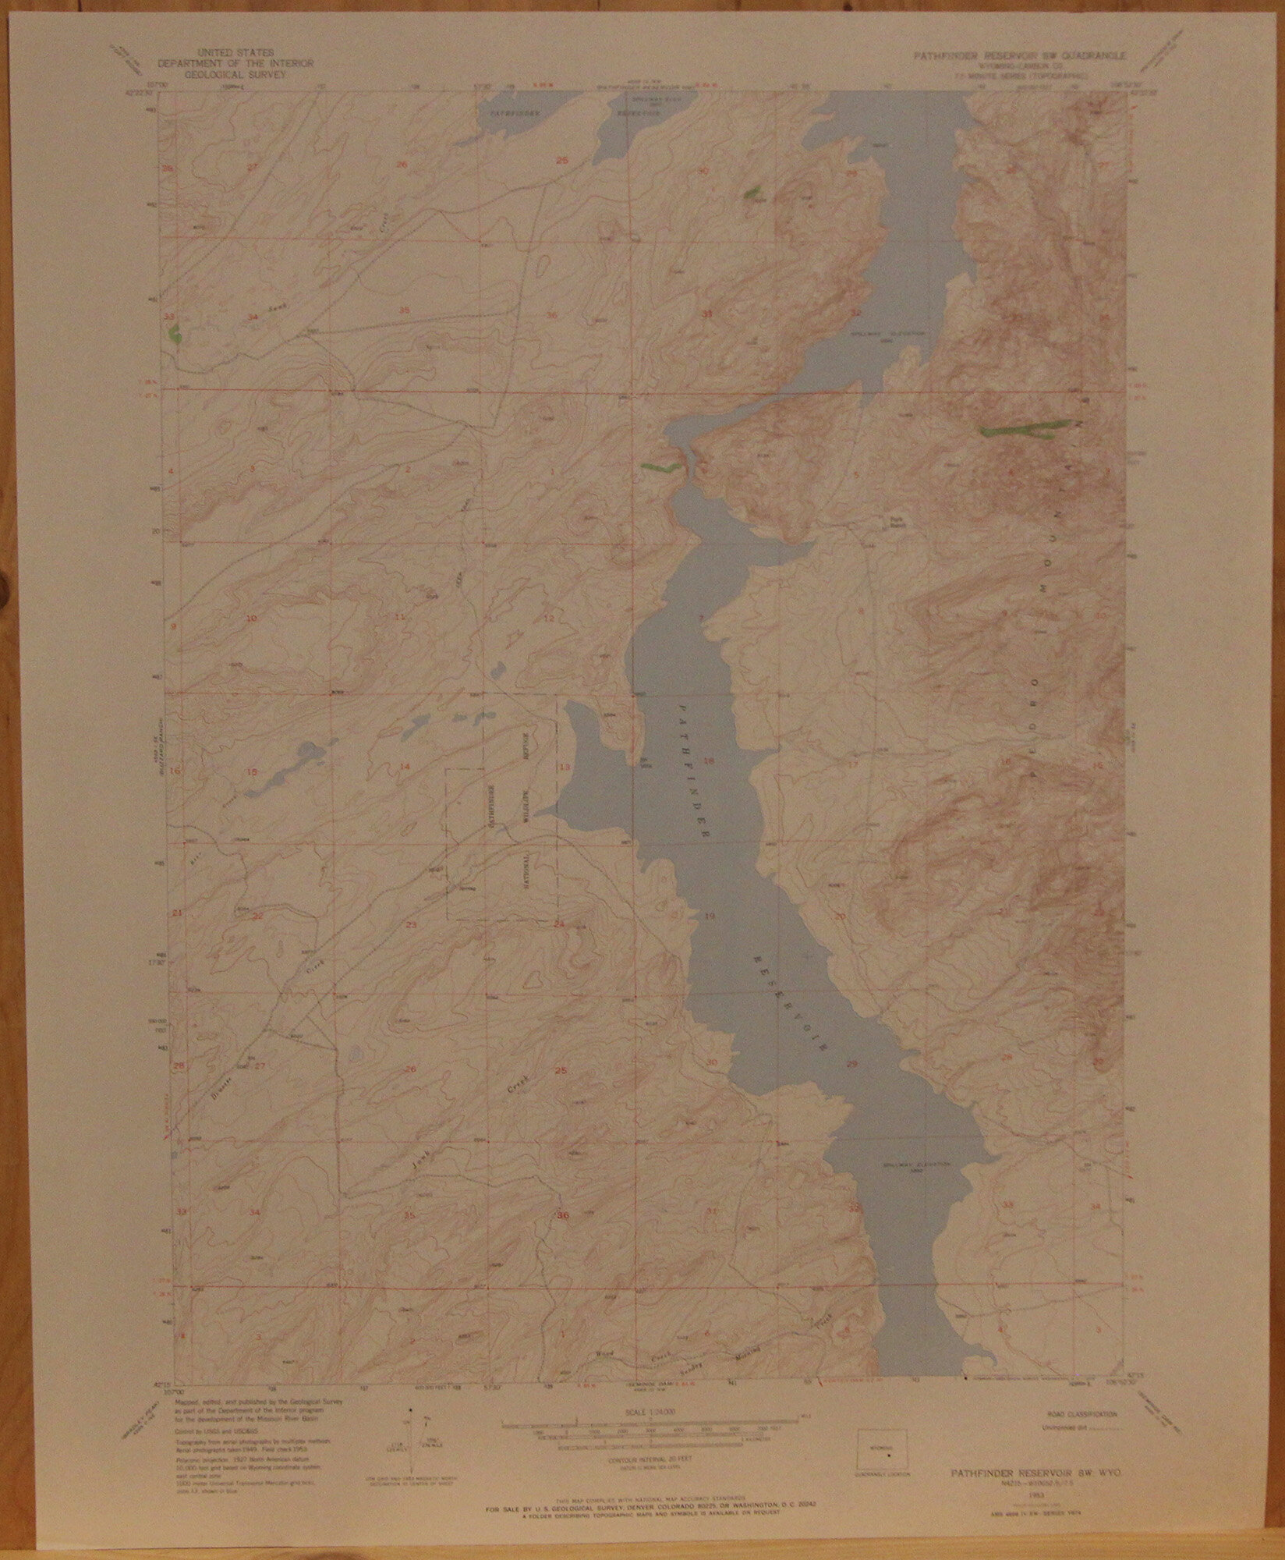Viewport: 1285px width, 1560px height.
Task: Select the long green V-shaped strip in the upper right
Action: [x=1021, y=428]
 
